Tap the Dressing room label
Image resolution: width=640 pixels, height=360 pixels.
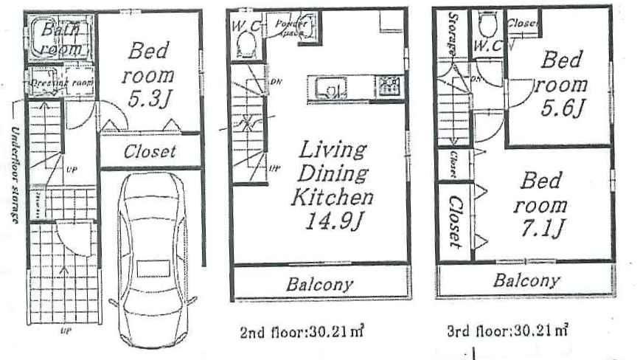point(61,83)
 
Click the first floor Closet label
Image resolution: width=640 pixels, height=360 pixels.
point(150,152)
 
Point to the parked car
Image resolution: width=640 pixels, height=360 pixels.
point(154,251)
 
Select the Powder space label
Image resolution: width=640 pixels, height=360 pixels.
point(290,28)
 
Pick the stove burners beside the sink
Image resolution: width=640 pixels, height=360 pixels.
point(387,86)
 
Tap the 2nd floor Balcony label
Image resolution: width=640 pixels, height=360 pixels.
point(320,283)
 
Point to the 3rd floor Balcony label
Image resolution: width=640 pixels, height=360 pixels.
point(526,281)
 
